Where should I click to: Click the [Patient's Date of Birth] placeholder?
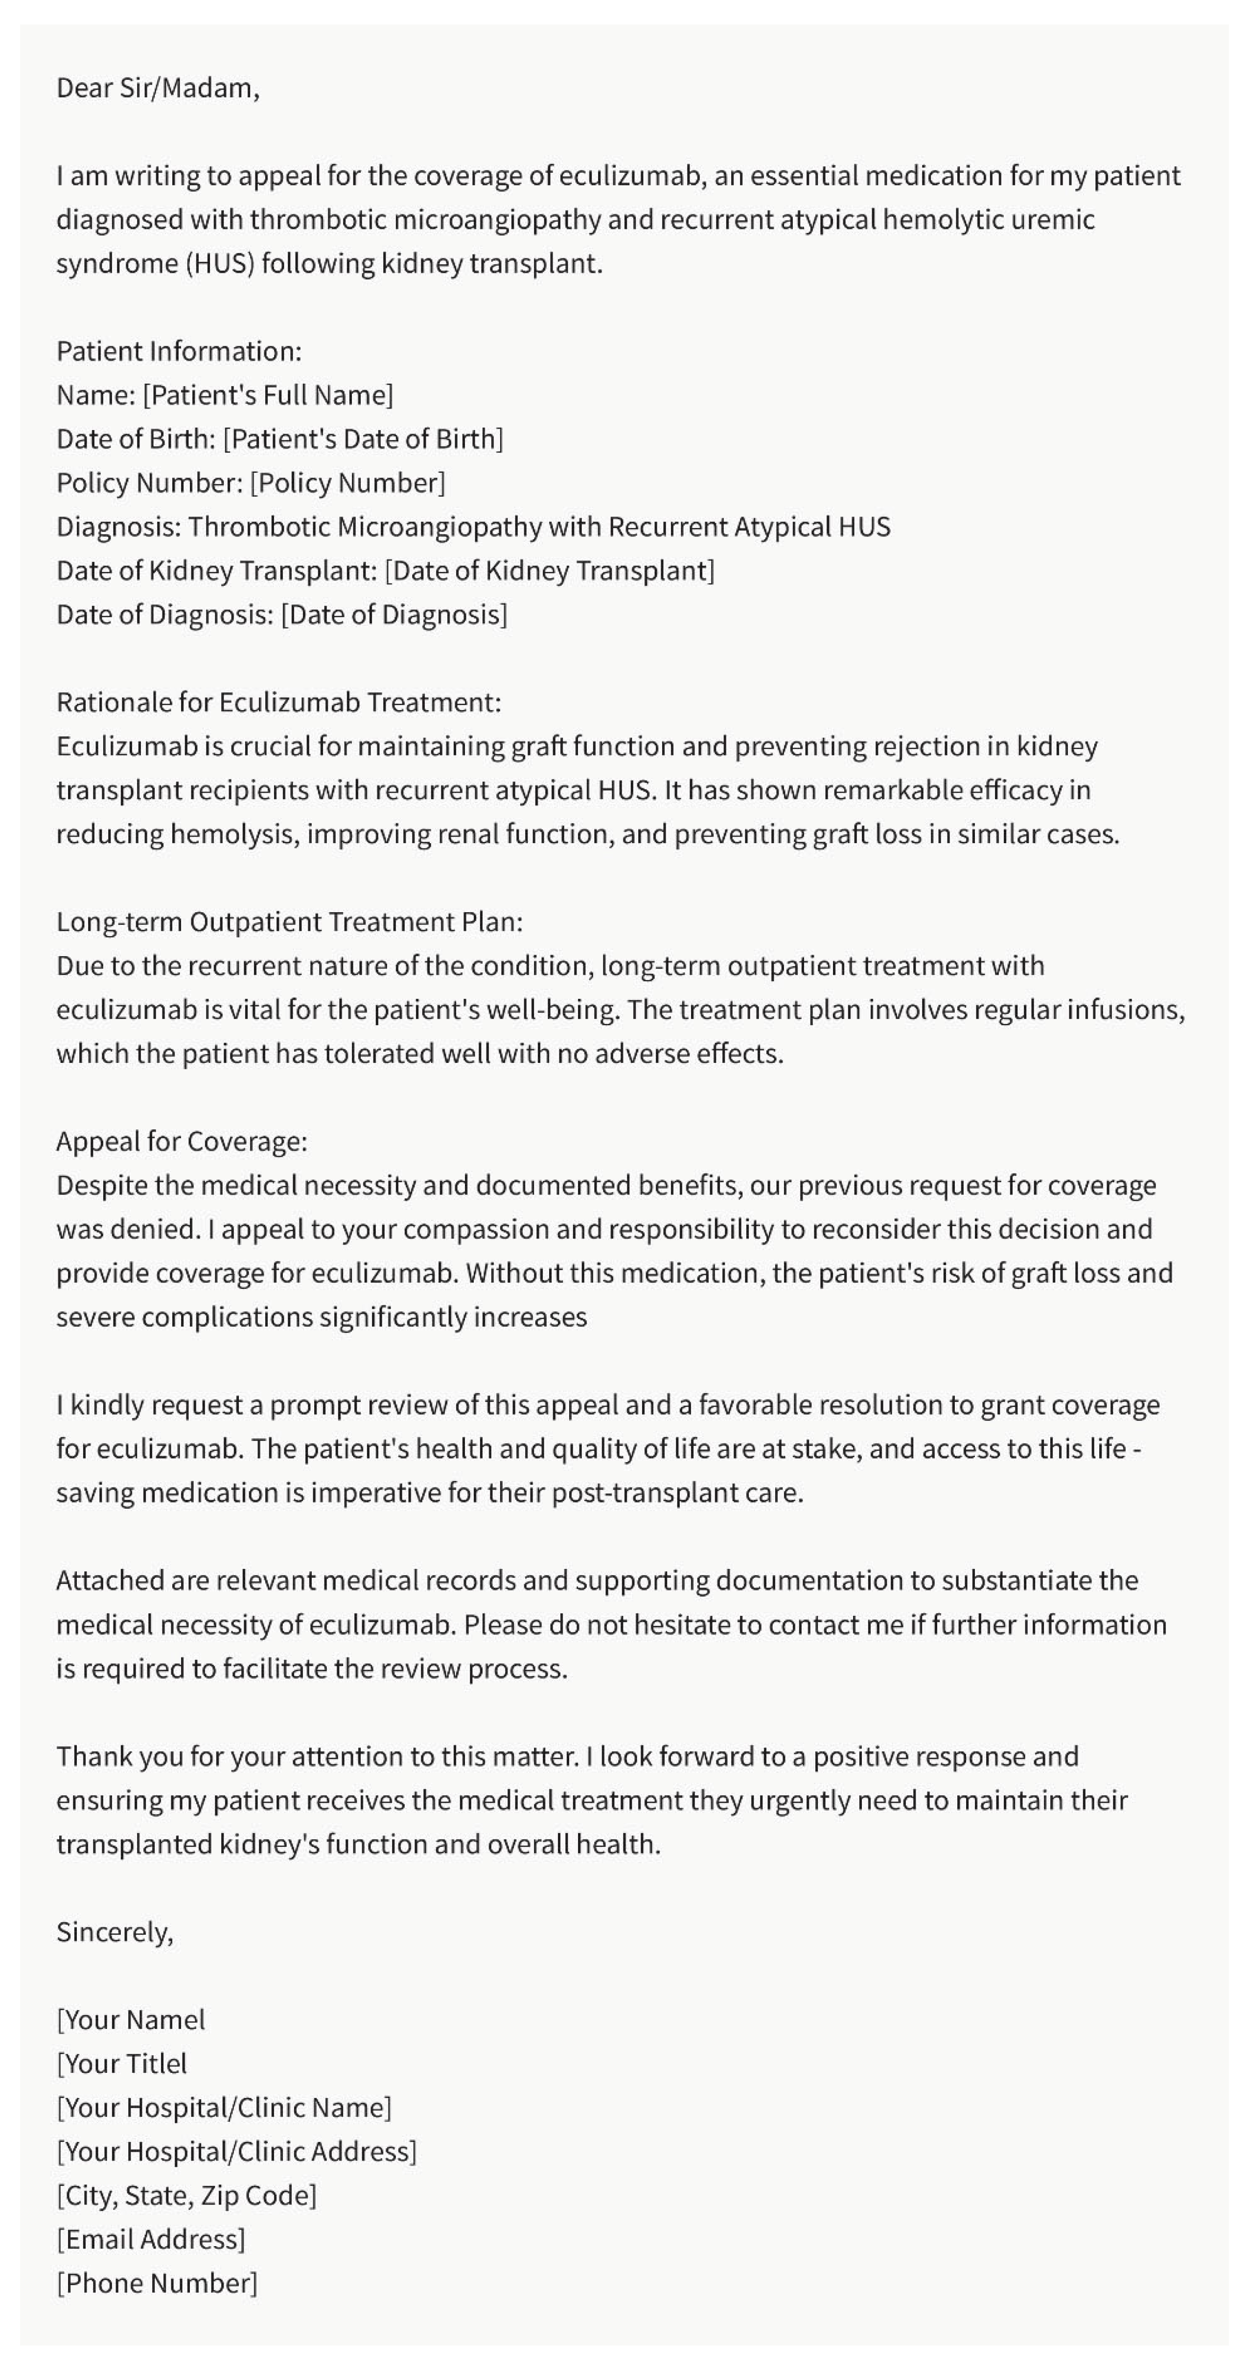363,439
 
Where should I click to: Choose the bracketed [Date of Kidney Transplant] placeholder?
549,571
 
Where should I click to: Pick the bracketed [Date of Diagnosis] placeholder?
393,615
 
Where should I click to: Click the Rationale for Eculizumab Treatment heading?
278,702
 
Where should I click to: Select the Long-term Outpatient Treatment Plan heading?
289,921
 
